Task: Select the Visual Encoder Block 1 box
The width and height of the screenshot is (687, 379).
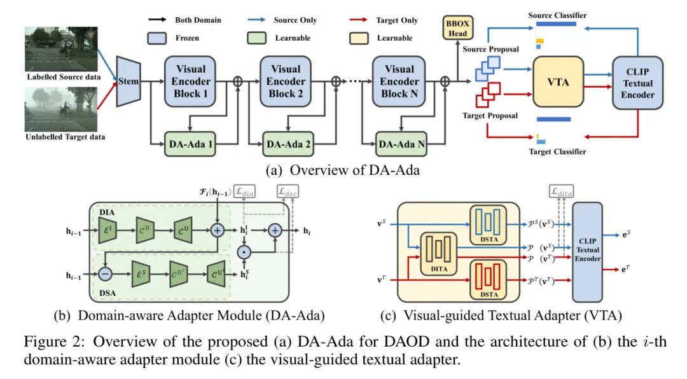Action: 190,81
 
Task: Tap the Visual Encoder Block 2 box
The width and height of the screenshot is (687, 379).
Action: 286,81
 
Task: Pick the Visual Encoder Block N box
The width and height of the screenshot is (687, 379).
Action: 399,81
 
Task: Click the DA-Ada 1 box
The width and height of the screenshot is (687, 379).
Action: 190,144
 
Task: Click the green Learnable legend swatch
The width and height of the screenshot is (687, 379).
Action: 258,38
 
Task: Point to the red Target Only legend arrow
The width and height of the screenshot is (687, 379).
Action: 365,20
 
